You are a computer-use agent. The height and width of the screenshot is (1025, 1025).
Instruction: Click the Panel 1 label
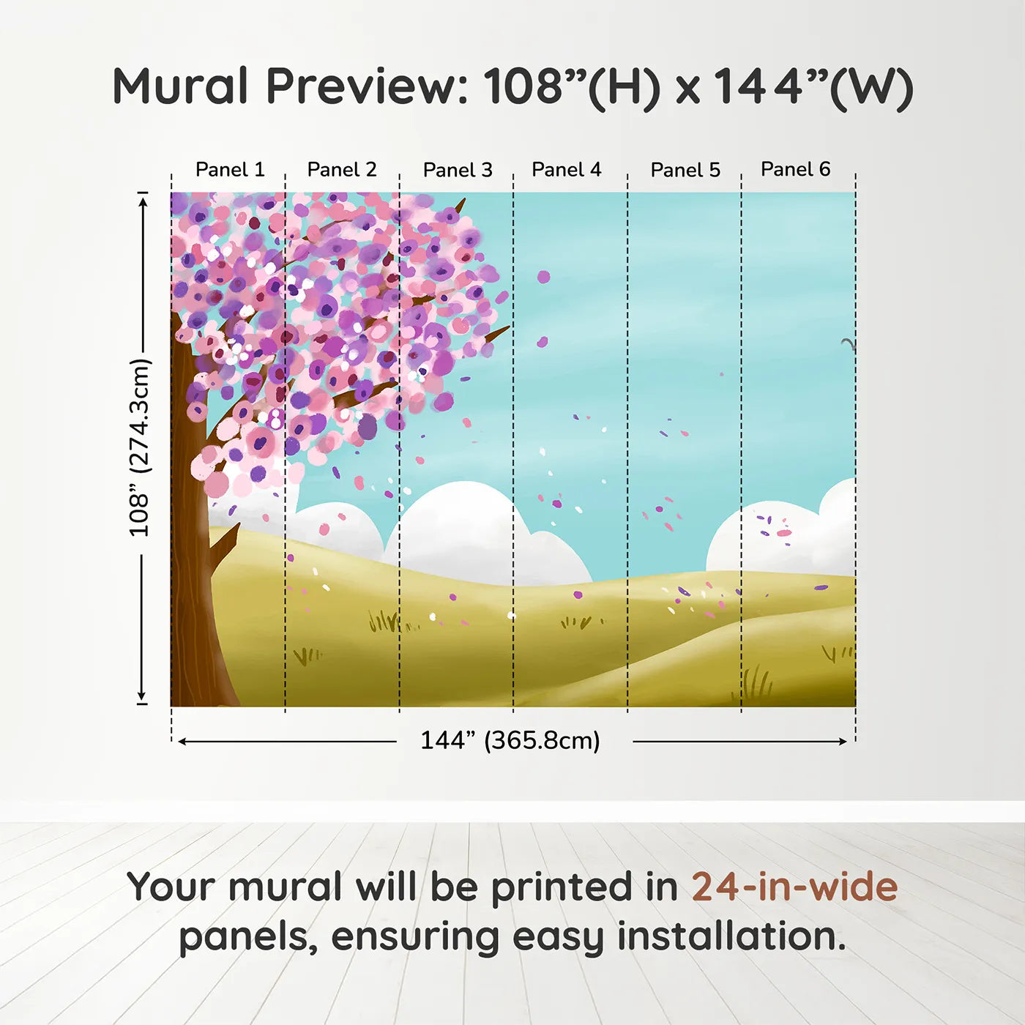(x=229, y=170)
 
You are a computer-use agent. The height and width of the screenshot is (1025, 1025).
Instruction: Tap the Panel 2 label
(x=341, y=170)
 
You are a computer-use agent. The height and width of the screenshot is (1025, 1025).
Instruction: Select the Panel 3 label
(x=458, y=170)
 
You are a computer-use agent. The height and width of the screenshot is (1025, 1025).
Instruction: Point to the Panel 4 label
(x=566, y=170)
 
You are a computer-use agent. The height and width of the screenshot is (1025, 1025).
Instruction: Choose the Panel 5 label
(x=685, y=170)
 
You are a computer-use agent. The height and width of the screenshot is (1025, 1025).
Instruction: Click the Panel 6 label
(x=795, y=170)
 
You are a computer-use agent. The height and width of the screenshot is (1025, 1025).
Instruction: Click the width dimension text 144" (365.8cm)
(x=510, y=740)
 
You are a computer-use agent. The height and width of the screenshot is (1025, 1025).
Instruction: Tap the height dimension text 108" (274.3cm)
(x=139, y=447)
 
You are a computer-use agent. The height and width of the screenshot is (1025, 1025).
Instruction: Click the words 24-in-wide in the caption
(x=794, y=887)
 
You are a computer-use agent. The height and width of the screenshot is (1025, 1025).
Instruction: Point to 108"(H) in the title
(x=571, y=86)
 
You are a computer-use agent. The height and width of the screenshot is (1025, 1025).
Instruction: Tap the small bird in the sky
(x=848, y=343)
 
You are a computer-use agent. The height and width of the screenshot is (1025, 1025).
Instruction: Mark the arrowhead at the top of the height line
(x=143, y=200)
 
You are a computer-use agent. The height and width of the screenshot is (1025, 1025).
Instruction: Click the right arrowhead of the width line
(x=843, y=742)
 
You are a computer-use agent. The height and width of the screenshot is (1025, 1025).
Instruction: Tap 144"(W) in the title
(x=813, y=86)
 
